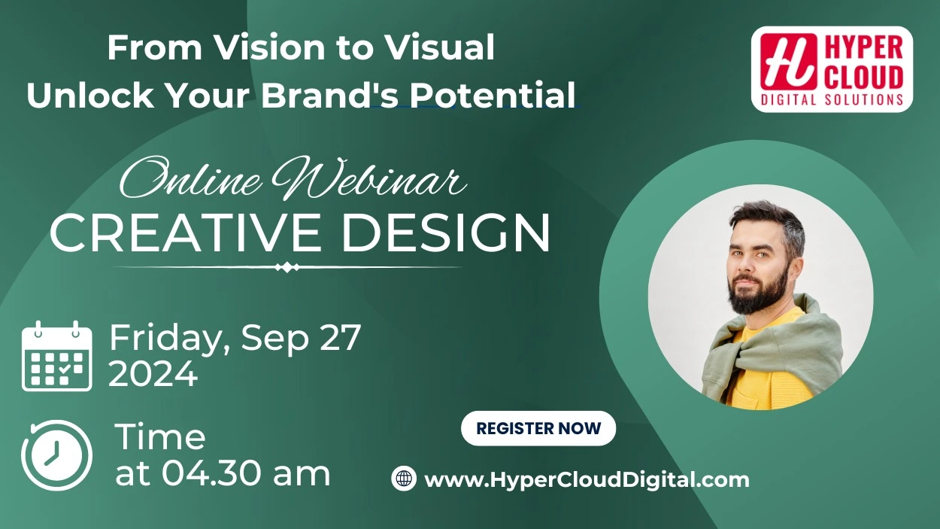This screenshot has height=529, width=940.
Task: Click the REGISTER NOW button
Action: pos(538,428)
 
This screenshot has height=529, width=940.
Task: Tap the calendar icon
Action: pos(56,356)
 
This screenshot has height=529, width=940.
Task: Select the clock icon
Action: pos(56,455)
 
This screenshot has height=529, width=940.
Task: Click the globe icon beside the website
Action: pos(404,478)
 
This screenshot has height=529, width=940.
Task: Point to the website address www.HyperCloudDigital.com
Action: pos(587,480)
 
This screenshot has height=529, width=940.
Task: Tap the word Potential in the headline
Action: pos(493,95)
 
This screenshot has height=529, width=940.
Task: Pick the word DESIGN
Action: pos(446,233)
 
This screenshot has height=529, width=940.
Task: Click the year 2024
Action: pos(153,374)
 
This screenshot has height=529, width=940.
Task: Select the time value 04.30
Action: pos(215,473)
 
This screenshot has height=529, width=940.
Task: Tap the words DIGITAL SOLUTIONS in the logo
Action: pos(832,100)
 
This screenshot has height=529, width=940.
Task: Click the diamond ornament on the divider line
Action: pos(287,267)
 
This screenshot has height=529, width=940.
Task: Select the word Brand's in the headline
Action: pos(329,95)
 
